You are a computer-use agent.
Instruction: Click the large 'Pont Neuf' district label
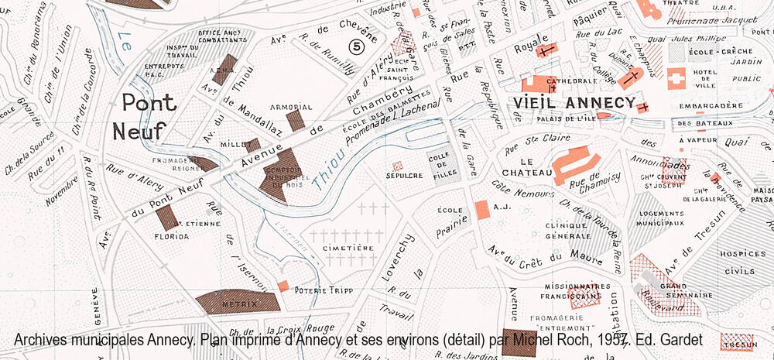[140, 117]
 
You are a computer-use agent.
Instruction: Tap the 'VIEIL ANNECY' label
[574, 103]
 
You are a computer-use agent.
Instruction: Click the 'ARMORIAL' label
[291, 107]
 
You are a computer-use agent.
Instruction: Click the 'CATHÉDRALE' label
[549, 80]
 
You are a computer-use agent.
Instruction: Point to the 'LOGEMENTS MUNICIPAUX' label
[661, 218]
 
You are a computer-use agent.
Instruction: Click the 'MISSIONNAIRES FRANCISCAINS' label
[572, 290]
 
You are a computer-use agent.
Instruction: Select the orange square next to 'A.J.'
[481, 209]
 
